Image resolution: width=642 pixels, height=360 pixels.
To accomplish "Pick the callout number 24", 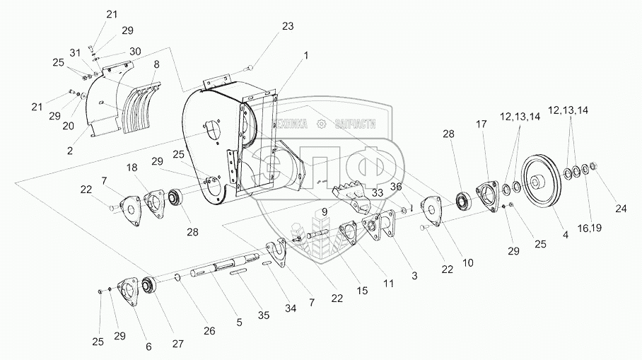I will tap(621, 208).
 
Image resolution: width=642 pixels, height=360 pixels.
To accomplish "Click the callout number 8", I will tap(156, 64).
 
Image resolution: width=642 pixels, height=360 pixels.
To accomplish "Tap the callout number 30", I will tap(134, 52).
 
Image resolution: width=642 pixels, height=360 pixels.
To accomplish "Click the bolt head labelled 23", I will tap(250, 67).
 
